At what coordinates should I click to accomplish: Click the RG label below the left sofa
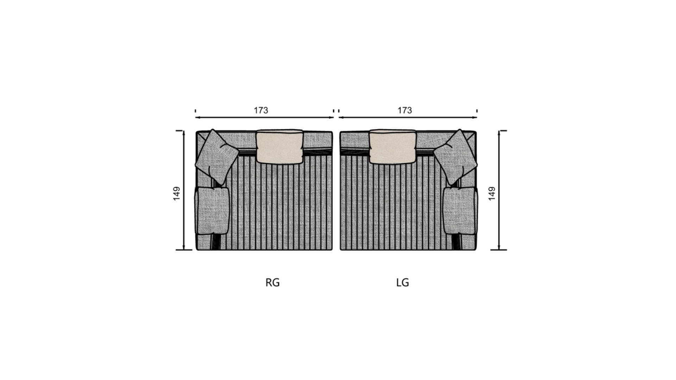tap(273, 283)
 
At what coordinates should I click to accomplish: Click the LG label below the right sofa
tap(402, 283)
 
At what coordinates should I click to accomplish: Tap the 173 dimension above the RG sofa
tap(261, 110)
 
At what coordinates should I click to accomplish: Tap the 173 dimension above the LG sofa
tap(405, 110)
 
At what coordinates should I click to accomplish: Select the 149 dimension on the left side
tap(177, 194)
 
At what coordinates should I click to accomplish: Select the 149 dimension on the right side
tap(492, 194)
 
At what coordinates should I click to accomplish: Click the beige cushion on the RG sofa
tap(280, 146)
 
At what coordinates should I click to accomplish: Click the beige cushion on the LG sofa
tap(393, 146)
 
